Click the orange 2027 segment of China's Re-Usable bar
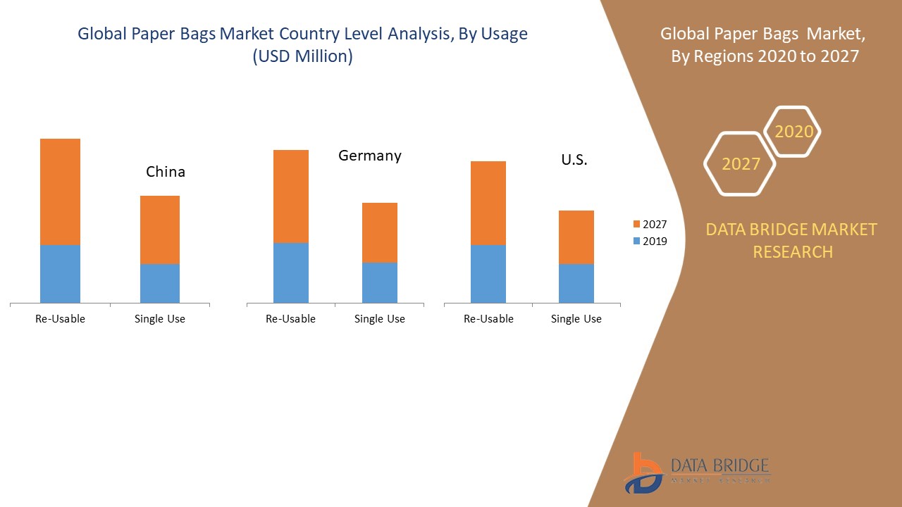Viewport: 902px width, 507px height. click(60, 192)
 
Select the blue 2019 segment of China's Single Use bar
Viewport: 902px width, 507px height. click(160, 283)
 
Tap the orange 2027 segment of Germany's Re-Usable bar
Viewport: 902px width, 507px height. click(290, 196)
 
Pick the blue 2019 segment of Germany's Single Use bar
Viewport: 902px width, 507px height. click(380, 282)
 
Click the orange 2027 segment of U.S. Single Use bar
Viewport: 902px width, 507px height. click(576, 237)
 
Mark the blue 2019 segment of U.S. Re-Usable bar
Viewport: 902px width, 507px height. click(488, 274)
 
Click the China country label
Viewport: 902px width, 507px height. click(166, 172)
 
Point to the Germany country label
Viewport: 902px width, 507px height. click(370, 156)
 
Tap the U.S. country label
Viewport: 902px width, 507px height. click(574, 160)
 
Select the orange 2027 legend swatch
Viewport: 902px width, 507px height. click(637, 224)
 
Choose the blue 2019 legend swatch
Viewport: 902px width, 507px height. click(637, 241)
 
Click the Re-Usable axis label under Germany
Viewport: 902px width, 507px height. click(290, 319)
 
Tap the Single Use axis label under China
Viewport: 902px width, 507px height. click(160, 319)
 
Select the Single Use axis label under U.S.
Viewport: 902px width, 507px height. click(576, 319)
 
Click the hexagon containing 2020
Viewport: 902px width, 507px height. click(793, 132)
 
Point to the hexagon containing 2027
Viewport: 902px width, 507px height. click(740, 164)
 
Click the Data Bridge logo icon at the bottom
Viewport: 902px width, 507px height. click(642, 472)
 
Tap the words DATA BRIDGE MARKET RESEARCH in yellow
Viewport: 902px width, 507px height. click(792, 240)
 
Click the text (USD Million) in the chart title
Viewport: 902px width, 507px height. click(302, 56)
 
